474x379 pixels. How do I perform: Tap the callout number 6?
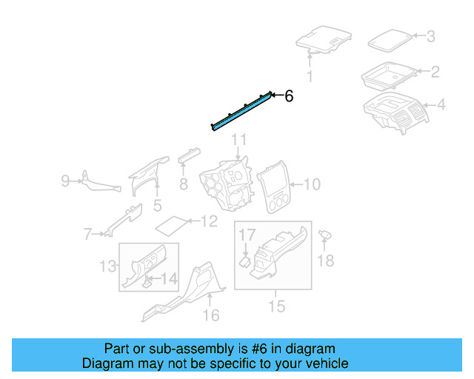click(289, 95)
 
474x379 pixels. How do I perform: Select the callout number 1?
click(310, 76)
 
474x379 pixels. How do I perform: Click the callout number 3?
click(431, 36)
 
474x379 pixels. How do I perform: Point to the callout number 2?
click(435, 72)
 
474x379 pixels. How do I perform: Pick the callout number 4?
click(441, 105)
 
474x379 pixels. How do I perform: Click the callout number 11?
click(238, 140)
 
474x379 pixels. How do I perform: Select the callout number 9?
click(65, 180)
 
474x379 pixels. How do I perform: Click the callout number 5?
click(157, 204)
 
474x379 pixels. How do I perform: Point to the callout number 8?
click(183, 184)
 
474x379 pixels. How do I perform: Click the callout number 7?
click(87, 235)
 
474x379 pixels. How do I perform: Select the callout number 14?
click(170, 280)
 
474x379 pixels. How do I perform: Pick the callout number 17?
click(247, 235)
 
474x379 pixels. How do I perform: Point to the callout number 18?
click(326, 260)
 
